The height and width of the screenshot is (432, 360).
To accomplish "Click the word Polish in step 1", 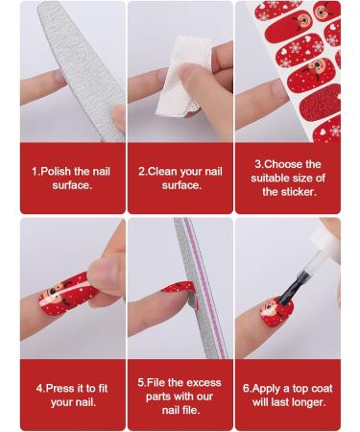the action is pyautogui.click(x=57, y=172).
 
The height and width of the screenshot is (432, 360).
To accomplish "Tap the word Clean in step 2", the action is pyautogui.click(x=161, y=172).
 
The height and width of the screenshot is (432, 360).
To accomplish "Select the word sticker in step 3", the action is pyautogui.click(x=299, y=192).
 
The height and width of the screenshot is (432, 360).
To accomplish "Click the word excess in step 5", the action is pyautogui.click(x=204, y=383).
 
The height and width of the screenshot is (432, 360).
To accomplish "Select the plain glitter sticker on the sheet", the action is pyautogui.click(x=320, y=103).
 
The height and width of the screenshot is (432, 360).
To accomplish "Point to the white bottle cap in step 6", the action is pyautogui.click(x=327, y=242).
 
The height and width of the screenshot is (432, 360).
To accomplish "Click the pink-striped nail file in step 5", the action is pyautogui.click(x=200, y=288).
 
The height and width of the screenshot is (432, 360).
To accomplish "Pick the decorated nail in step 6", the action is pyautogui.click(x=276, y=312).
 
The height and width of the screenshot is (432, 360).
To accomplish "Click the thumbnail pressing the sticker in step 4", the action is pyautogui.click(x=104, y=272).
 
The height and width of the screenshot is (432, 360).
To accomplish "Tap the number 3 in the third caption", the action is pyautogui.click(x=258, y=164).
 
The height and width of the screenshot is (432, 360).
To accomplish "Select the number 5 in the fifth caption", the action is pyautogui.click(x=141, y=383).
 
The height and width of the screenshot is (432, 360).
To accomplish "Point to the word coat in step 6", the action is pyautogui.click(x=321, y=389).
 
